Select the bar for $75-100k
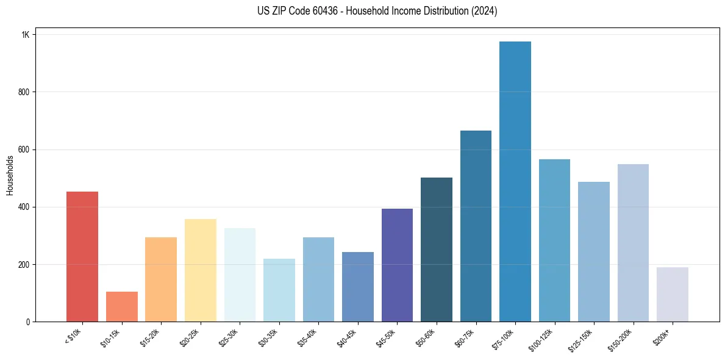pos(515,182)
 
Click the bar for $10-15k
pos(122,307)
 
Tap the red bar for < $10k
pos(82,257)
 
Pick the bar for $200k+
pos(673,295)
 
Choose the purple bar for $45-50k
pos(397,265)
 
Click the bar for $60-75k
pos(476,226)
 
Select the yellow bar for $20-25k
pos(201,270)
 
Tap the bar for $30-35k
pos(279,290)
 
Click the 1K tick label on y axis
pos(25,35)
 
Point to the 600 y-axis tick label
pos(23,149)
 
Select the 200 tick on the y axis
pos(23,265)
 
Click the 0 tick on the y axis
pos(27,322)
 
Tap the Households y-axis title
pos(10,175)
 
